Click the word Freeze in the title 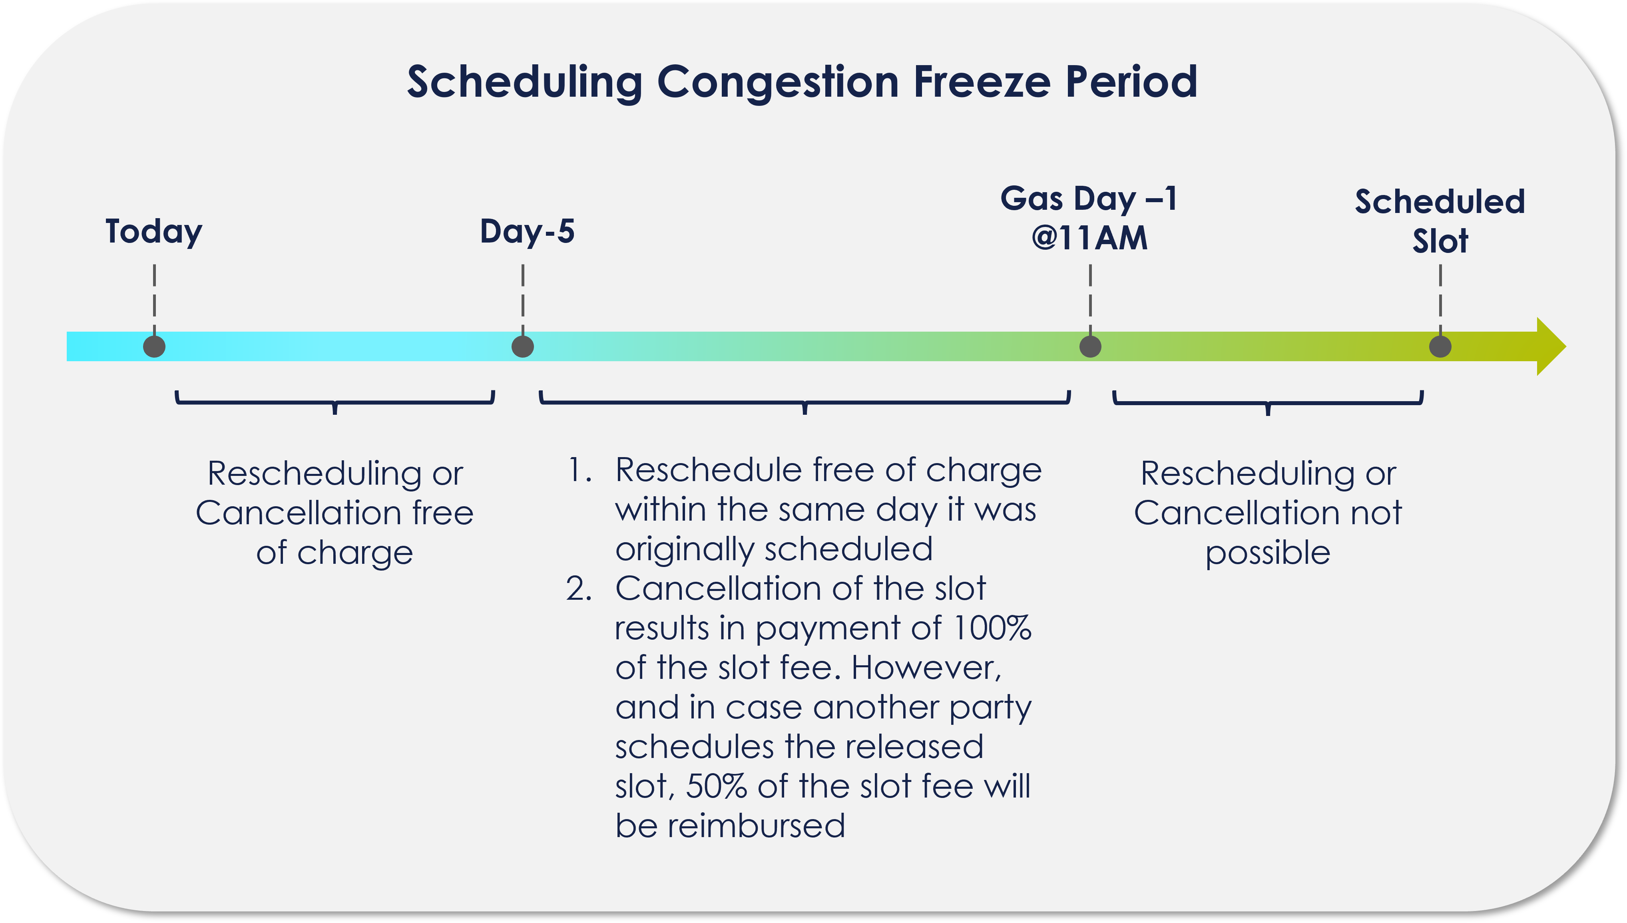982,82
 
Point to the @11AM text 1089,239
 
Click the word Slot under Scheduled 1440,241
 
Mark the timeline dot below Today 154,347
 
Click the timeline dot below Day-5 522,347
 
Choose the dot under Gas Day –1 1090,347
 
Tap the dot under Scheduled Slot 1440,347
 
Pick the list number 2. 579,589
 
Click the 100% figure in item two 992,628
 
